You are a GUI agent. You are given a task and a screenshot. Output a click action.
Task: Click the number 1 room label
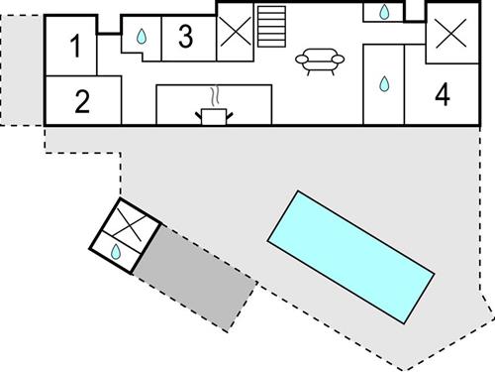(75, 47)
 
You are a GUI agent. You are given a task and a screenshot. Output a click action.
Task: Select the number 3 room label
(185, 37)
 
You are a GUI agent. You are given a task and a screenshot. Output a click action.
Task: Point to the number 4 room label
(442, 95)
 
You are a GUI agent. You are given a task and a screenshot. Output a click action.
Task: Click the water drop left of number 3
(142, 38)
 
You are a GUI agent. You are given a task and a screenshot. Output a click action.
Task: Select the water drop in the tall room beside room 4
(384, 85)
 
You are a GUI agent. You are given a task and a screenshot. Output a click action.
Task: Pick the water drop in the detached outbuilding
(117, 252)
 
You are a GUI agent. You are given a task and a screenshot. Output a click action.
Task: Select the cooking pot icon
(214, 116)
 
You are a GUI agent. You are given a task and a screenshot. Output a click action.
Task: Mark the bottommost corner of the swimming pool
(403, 321)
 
